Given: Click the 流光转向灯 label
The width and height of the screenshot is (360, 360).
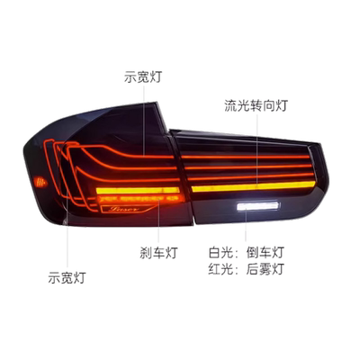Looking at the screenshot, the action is click(256, 106).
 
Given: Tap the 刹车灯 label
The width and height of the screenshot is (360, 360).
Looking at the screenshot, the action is click(158, 253).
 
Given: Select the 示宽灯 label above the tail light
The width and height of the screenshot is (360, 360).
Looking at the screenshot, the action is click(143, 76).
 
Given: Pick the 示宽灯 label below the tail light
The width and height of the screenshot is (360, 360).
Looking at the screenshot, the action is click(67, 277).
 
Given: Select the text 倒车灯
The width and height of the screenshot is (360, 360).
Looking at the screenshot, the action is click(265, 253).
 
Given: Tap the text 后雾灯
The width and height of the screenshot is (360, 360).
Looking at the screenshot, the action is click(265, 269).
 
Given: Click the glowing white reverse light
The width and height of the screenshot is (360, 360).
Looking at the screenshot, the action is click(257, 206).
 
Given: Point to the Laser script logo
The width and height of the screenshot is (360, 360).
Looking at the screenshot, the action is click(123, 209).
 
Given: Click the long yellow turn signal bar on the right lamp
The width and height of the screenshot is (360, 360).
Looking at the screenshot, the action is click(254, 186).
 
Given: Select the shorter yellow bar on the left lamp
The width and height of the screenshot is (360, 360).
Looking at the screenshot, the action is click(138, 190).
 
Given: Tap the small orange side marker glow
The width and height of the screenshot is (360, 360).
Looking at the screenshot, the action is click(40, 182).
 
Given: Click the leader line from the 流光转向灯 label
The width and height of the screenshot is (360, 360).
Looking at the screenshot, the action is click(257, 151).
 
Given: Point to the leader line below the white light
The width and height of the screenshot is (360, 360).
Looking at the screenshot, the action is click(246, 226).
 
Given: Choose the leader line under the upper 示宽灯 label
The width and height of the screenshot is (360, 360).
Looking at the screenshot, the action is click(144, 121).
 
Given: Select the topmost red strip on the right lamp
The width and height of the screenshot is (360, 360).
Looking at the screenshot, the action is click(246, 157).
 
